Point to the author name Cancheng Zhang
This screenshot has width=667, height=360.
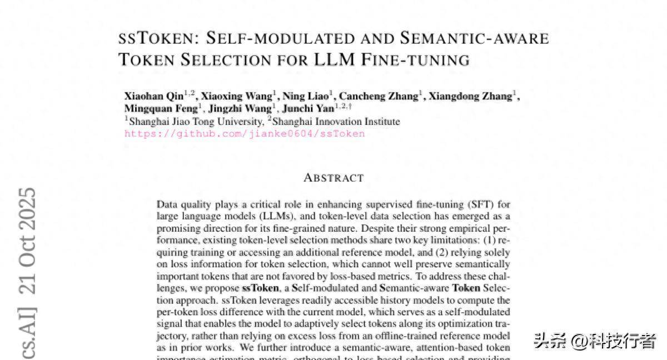378,96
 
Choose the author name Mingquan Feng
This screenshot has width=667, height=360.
161,108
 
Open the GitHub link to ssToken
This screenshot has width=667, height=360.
245,133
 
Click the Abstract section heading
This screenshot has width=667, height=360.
333,178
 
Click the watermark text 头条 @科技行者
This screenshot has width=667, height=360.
595,341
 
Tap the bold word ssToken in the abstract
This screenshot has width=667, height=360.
261,288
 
